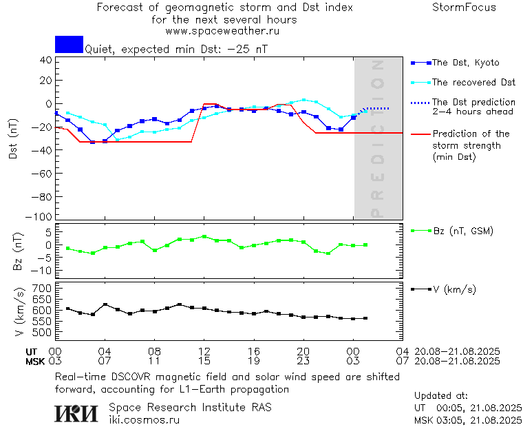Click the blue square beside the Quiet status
[69, 44]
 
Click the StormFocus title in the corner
[464, 8]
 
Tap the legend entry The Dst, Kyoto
[465, 63]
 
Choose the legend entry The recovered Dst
[473, 83]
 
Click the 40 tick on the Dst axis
[45, 60]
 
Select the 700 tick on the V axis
[43, 287]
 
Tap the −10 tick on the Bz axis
[43, 268]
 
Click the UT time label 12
[204, 351]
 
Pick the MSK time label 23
[303, 360]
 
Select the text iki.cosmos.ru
[144, 419]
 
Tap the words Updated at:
[440, 396]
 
